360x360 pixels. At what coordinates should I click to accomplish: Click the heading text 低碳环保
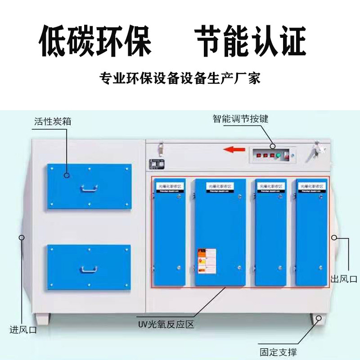click(x=95, y=42)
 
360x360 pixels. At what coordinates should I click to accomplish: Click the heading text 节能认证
click(x=251, y=42)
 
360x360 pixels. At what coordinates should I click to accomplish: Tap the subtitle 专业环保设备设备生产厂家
click(x=180, y=79)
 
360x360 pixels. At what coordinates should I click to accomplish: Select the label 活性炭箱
click(x=53, y=121)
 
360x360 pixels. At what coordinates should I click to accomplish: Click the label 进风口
click(x=23, y=330)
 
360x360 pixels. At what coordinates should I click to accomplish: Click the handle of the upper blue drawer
click(x=89, y=189)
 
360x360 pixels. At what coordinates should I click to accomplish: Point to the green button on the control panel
click(x=278, y=156)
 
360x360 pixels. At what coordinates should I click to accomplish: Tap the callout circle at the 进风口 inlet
click(x=21, y=237)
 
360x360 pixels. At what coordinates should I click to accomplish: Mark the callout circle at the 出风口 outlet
click(x=334, y=237)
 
